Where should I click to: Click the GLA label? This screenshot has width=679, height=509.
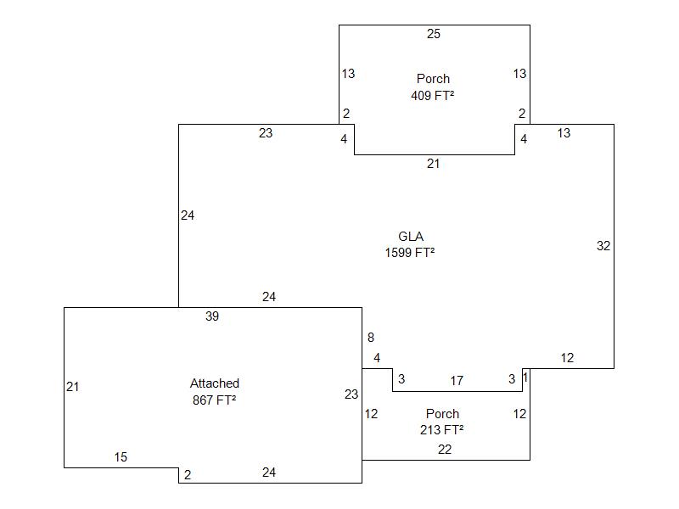point(411,237)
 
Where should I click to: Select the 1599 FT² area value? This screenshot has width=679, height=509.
point(410,252)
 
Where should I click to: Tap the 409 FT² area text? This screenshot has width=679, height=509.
point(432,95)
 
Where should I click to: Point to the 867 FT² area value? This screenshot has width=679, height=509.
point(214,400)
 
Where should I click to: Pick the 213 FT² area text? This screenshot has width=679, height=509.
point(441,429)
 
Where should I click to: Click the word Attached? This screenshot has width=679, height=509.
point(215,383)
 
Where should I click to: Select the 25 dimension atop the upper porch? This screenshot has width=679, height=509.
point(434,35)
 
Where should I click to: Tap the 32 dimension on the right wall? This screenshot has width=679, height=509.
point(603,246)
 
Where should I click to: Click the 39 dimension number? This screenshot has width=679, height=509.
point(212,316)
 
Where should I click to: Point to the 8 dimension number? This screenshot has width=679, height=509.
point(371,338)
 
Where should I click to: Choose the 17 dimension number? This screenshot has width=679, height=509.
point(457,380)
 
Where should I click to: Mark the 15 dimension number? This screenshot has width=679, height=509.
point(121,457)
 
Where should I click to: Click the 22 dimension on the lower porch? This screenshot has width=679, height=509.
point(445,450)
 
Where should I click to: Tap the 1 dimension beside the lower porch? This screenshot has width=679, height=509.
point(526,377)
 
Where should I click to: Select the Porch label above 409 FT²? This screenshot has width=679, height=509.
point(433,79)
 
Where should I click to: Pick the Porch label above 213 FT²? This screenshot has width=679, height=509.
point(442,414)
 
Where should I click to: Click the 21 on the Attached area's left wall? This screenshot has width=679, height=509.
point(73,387)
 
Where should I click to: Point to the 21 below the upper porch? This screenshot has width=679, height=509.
point(433,164)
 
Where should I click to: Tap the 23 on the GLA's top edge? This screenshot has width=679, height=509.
point(266,133)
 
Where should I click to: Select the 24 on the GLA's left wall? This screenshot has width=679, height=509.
point(188,215)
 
